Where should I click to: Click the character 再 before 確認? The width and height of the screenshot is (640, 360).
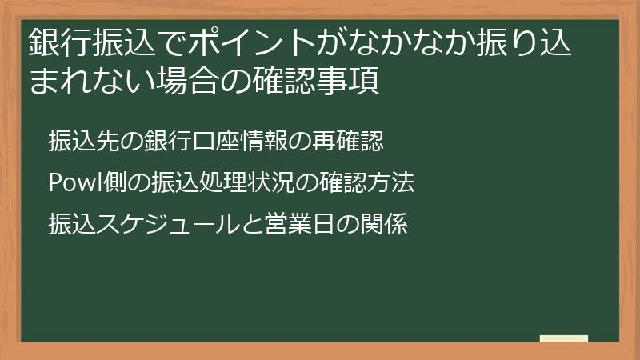click(323, 141)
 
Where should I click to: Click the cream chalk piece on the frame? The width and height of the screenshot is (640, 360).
click(564, 338)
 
